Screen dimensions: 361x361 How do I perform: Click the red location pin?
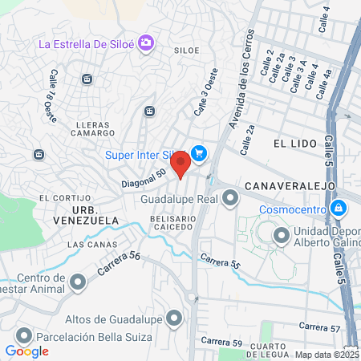180,164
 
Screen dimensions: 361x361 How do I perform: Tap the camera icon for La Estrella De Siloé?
146,43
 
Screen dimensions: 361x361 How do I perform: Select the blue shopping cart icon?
198,153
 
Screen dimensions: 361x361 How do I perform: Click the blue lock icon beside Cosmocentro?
339,209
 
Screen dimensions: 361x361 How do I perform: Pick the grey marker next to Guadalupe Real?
231,197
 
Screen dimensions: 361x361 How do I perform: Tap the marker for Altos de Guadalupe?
193,319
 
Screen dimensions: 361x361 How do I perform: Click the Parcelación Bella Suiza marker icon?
24,336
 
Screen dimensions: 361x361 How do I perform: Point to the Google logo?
26,351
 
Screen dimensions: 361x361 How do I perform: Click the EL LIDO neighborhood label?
290,143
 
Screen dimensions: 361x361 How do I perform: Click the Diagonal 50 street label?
144,178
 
